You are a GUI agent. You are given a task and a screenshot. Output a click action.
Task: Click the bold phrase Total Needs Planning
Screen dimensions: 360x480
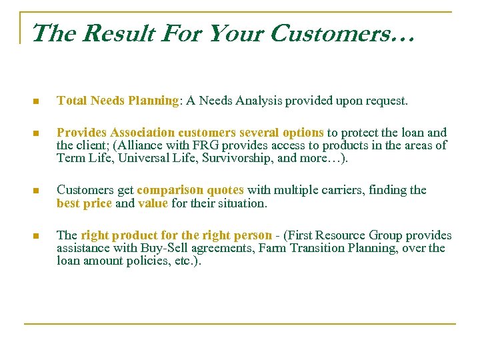point(117,101)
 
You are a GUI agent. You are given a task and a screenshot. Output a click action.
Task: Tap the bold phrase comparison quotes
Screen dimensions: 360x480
point(190,190)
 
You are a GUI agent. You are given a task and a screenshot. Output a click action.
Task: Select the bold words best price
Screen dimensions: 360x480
point(84,203)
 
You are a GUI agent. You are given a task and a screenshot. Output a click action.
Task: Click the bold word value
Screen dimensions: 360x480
point(153,203)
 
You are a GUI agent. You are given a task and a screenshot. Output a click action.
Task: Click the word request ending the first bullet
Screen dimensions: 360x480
point(385,101)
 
